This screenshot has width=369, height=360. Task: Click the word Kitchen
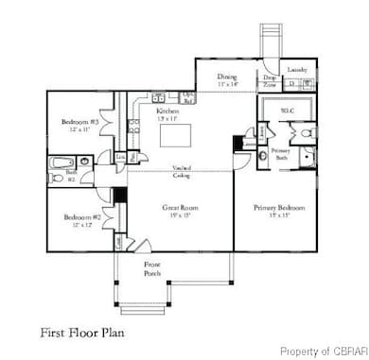click(167, 111)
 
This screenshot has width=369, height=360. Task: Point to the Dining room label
click(226, 77)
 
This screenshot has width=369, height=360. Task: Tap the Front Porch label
click(151, 268)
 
